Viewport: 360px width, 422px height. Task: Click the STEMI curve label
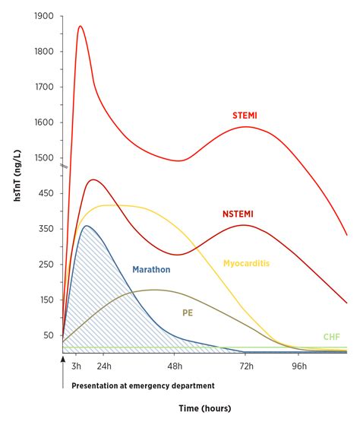(x=245, y=116)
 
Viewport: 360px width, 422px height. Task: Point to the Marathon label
(x=151, y=269)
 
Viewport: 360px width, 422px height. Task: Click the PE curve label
(x=188, y=312)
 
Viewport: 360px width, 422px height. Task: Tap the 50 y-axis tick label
(x=49, y=335)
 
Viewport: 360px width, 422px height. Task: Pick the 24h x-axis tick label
(x=103, y=366)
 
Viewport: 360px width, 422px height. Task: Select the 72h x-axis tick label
(x=246, y=366)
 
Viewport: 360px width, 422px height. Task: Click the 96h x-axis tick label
(x=298, y=366)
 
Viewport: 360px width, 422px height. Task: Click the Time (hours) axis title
(x=207, y=409)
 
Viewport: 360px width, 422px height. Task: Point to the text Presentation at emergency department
(x=144, y=386)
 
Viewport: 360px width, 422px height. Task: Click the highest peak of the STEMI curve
(x=80, y=26)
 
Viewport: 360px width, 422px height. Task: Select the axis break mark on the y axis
(x=64, y=167)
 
